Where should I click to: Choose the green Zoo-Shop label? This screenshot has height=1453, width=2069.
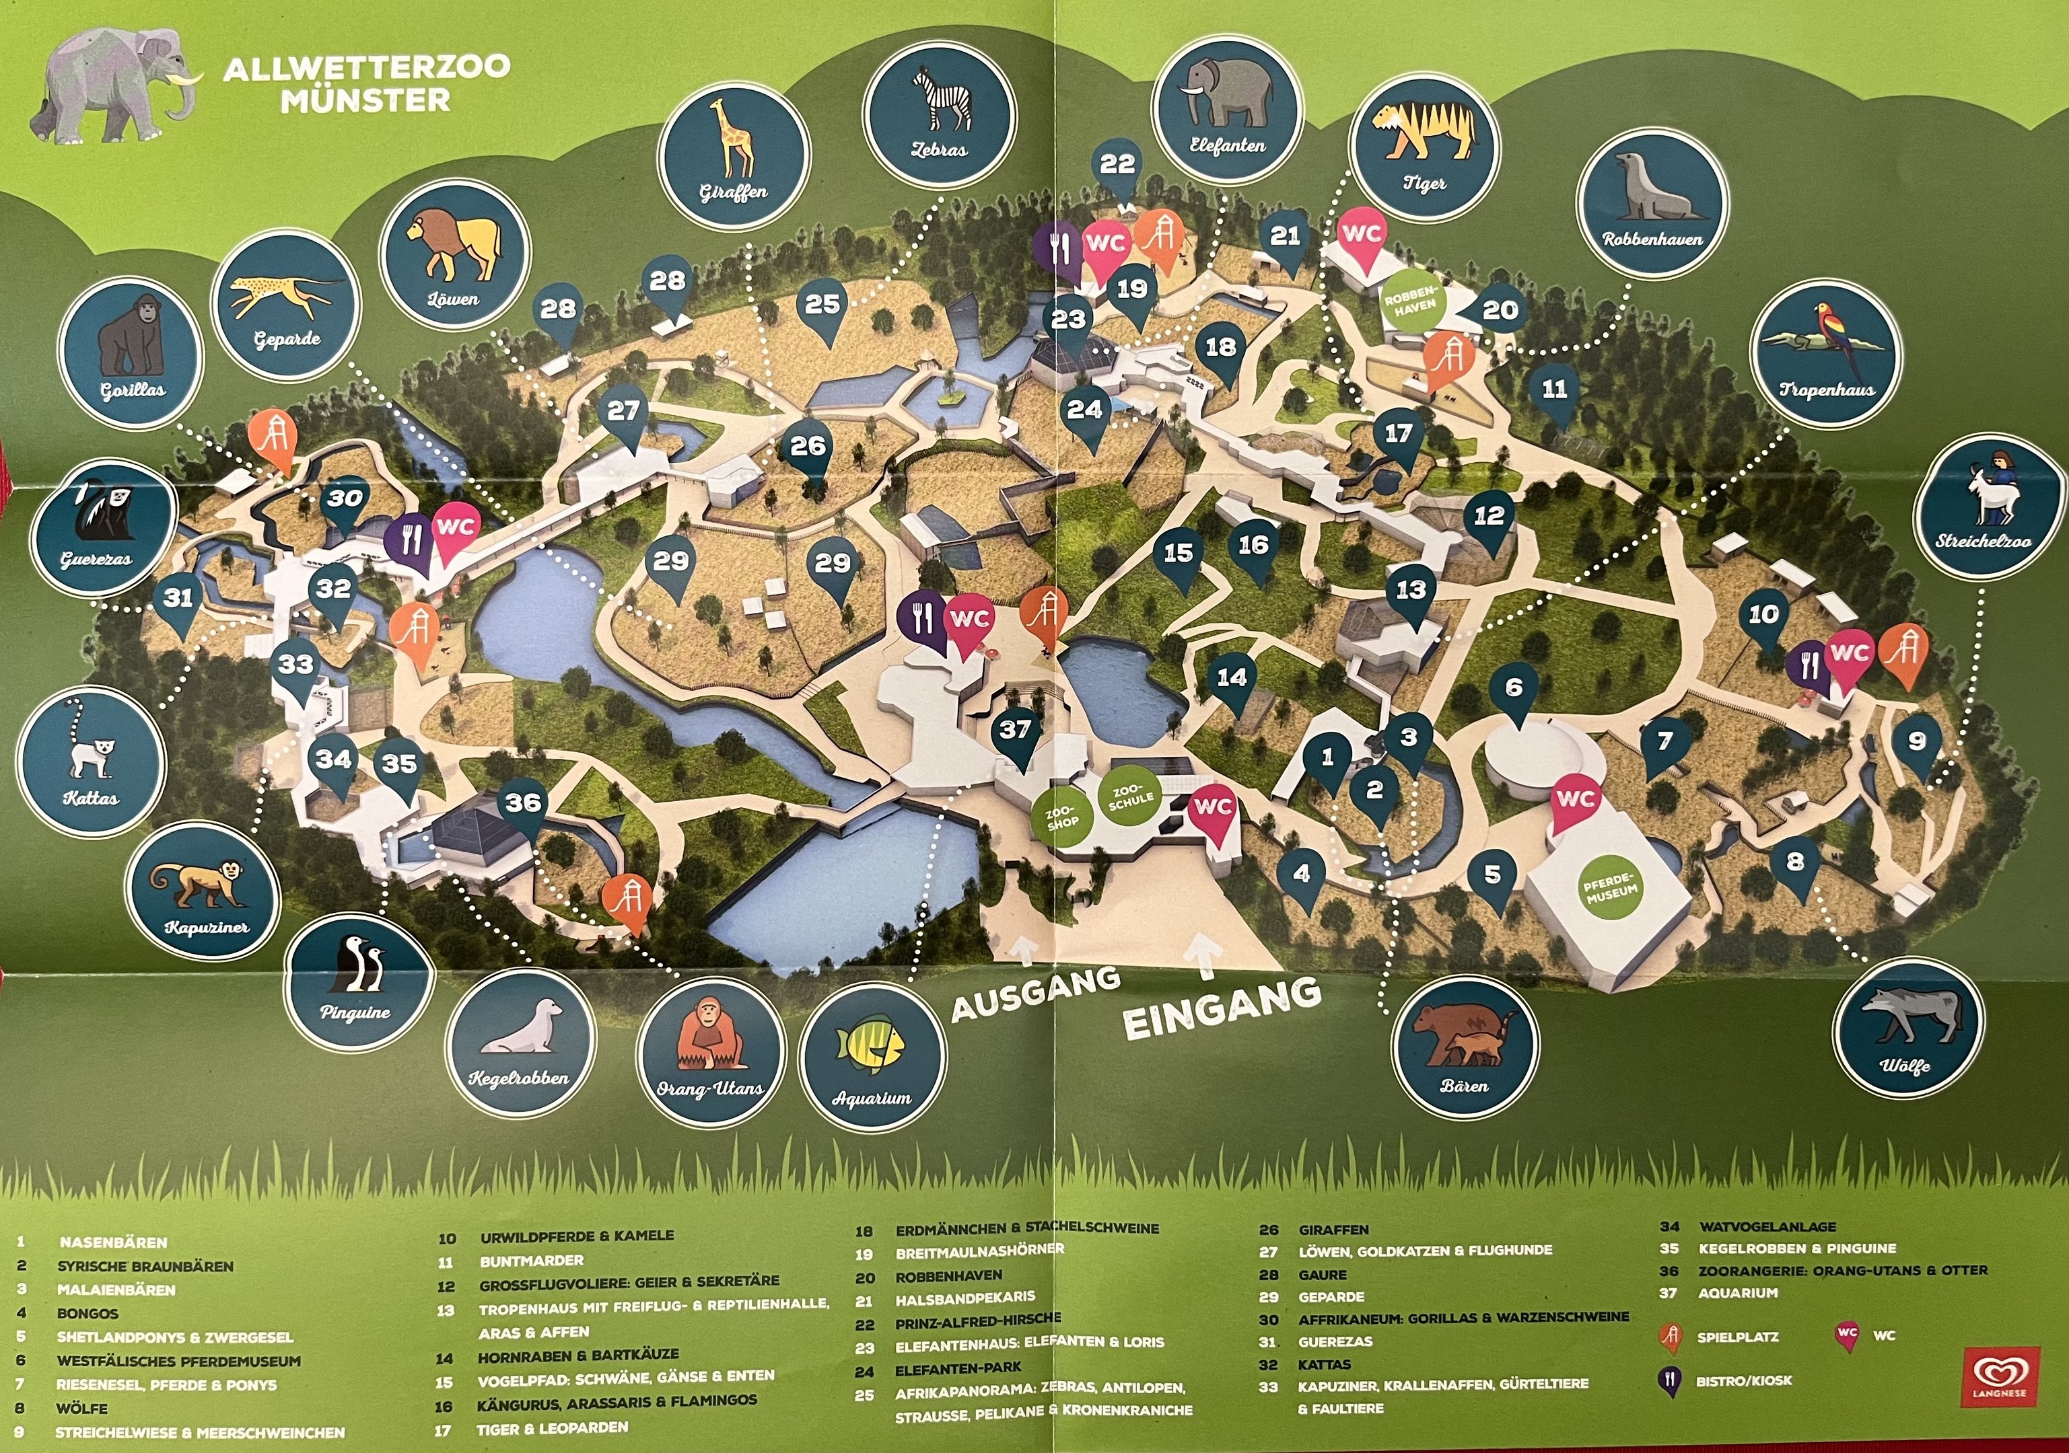(1063, 817)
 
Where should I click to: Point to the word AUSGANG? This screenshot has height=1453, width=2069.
(1037, 994)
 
